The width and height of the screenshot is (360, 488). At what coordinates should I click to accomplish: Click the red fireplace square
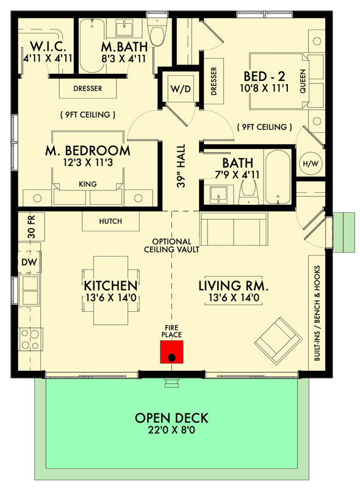tap(172, 352)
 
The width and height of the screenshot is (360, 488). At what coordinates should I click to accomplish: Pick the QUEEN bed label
tap(303, 81)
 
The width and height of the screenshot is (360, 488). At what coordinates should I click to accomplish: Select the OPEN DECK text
tap(171, 418)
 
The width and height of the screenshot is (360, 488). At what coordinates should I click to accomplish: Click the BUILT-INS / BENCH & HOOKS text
tap(318, 313)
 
